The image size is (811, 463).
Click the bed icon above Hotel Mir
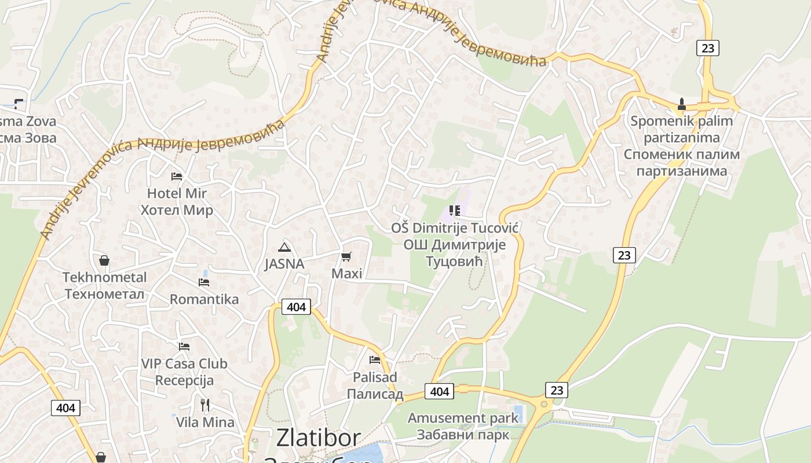pos(177,176)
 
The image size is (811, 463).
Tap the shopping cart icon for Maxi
pos(346,256)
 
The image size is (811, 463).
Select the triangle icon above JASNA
pos(284,248)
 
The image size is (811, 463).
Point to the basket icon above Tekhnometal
pos(104,260)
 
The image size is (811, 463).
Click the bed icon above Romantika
pos(204,282)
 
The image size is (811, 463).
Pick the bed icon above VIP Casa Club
pos(184,347)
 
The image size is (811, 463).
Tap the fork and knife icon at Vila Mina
pos(204,405)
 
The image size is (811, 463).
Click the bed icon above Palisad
pos(375,360)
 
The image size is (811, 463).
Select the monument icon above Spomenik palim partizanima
pos(682,105)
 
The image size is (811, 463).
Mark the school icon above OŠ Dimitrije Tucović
pos(454,211)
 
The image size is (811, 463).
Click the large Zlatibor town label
pos(319,438)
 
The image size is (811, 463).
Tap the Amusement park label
pos(463,418)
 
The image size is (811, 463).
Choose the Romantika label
pos(204,299)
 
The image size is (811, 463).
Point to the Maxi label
pos(346,273)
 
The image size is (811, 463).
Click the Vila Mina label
pos(205,422)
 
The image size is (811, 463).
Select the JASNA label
pos(284,264)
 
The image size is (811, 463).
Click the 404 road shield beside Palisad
pos(439,392)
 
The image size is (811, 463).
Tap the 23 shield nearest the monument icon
pos(708,48)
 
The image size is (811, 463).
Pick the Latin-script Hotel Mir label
pos(177,193)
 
